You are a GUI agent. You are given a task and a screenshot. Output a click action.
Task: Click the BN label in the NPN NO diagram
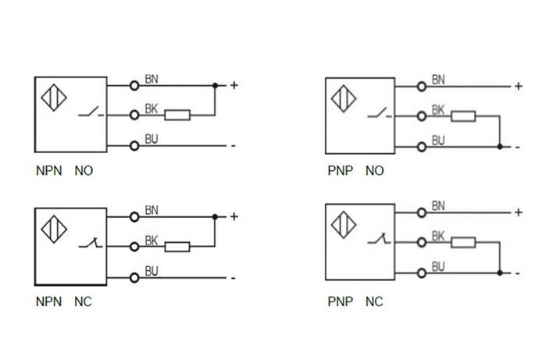[152, 79]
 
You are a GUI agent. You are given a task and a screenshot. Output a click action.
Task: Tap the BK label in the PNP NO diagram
[438, 110]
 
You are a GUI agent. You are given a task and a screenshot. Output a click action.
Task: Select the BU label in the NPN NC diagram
[152, 272]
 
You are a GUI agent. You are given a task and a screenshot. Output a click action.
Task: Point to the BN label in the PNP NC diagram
[438, 206]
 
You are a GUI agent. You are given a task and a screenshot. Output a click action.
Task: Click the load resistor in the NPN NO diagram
[176, 115]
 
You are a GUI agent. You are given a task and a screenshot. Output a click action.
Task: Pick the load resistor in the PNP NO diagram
[464, 116]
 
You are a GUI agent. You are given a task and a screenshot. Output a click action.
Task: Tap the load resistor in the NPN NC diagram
[176, 247]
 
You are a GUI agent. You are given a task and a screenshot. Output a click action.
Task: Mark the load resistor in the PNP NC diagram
[464, 242]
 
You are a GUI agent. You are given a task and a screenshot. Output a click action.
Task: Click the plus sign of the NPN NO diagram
[233, 84]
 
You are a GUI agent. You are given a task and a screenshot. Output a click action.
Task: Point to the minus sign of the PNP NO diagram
[517, 146]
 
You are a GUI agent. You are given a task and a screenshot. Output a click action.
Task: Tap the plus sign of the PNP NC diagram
[518, 212]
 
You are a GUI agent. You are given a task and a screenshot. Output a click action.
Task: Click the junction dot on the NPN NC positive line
[215, 216]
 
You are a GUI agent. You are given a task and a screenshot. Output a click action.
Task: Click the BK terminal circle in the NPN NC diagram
[134, 247]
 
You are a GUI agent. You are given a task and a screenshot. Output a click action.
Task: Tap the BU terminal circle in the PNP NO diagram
[422, 145]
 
